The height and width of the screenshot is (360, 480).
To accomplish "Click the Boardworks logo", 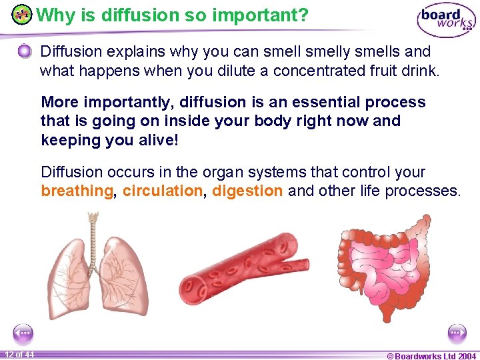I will [x=446, y=20].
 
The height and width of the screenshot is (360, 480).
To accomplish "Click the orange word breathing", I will [x=77, y=191].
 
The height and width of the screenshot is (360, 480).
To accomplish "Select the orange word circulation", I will [x=162, y=191].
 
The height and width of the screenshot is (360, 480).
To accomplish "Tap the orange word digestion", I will [x=247, y=191].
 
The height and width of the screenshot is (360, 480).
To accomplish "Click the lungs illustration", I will [x=93, y=267].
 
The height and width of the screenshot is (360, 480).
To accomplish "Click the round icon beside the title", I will [x=22, y=14].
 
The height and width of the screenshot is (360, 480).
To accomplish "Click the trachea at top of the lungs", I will [x=93, y=223].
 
